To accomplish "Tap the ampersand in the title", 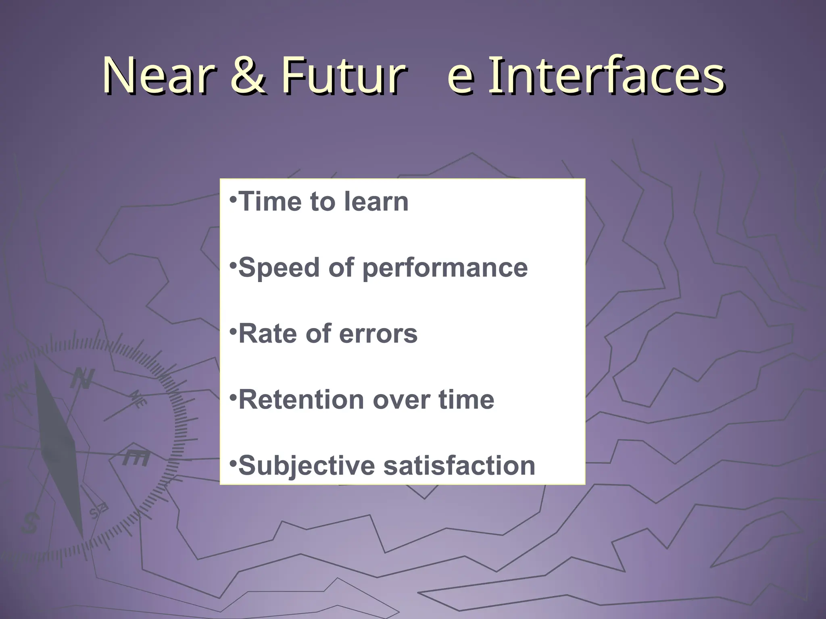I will coord(250,76).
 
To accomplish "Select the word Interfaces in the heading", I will coord(607,76).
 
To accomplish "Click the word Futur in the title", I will coord(342,76).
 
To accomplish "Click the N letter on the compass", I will coord(83,379).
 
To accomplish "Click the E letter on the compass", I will coord(136,458).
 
